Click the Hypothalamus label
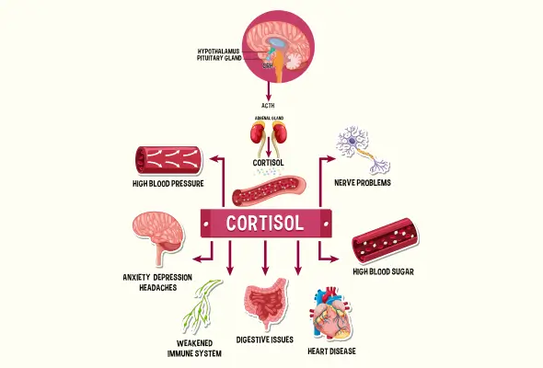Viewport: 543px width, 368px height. (218, 52)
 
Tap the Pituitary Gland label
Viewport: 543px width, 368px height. (219, 58)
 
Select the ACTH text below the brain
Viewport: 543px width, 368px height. (268, 105)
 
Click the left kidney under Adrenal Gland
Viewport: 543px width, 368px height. (258, 134)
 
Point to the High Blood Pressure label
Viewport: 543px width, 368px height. (168, 183)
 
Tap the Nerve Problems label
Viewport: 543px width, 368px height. (363, 182)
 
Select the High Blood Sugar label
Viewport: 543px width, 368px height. (384, 271)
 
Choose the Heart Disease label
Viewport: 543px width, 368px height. (331, 351)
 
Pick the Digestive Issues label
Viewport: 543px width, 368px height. (265, 339)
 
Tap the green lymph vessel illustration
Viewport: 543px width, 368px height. (202, 306)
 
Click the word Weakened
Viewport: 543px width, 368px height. (194, 343)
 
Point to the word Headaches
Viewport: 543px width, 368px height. (158, 287)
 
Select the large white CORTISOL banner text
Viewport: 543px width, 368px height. (265, 224)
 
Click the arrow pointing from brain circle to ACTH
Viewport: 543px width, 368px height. (268, 91)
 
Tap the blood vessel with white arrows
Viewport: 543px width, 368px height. (168, 161)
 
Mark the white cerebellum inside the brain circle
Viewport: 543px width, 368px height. (295, 60)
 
